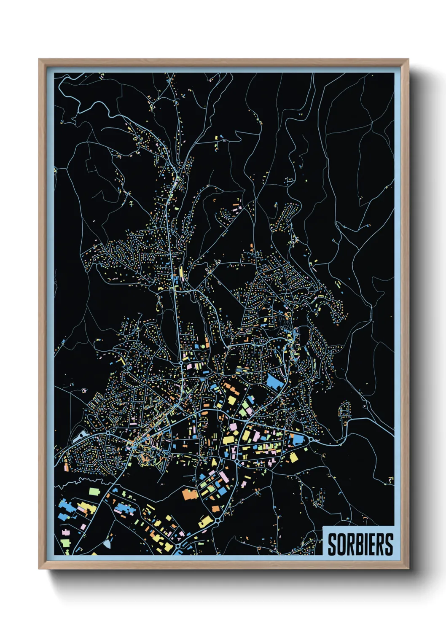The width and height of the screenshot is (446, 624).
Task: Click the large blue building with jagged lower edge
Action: pos(274,382)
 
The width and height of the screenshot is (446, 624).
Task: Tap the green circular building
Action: pos(202,346)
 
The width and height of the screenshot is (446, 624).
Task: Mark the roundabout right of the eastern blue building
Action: pos(312,440)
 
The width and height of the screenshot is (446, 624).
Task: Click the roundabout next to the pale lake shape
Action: pos(108,433)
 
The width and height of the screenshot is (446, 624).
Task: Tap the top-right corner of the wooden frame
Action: pos(408,59)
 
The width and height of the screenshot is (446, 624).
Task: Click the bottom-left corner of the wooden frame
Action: pos(39,568)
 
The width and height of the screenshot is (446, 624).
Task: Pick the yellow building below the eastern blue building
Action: pos(293,457)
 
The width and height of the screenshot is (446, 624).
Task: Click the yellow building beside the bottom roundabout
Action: pos(205,522)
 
